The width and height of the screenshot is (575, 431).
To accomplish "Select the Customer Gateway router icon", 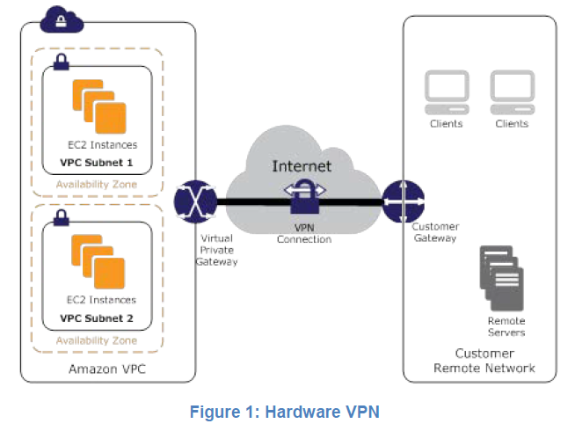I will coord(403,201).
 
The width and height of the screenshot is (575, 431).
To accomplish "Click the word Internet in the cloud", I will coord(302,165).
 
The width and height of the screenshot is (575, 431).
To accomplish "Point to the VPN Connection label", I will coord(302,232).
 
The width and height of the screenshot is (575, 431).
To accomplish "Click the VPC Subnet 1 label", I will coord(97,164).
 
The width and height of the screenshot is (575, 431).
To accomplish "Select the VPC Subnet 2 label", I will coord(97,318).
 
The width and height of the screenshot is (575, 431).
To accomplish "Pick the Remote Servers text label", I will coord(506,326).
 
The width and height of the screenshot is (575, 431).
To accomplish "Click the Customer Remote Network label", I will coord(484,361).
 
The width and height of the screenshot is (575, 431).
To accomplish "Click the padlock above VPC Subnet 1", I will coord(62,62).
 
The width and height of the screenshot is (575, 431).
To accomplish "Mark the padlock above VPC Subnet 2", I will coord(62,216).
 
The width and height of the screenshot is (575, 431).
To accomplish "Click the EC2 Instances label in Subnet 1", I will coord(100,145).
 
